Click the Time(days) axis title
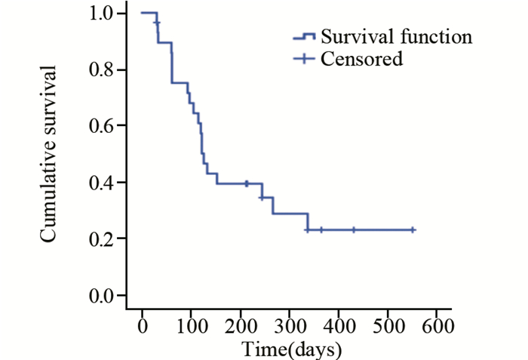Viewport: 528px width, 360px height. click(292, 349)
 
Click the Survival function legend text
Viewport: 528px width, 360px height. click(397, 36)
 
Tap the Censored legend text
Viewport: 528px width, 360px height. click(361, 59)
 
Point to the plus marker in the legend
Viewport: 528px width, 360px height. click(303, 60)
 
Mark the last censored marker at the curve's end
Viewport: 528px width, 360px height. click(413, 229)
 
